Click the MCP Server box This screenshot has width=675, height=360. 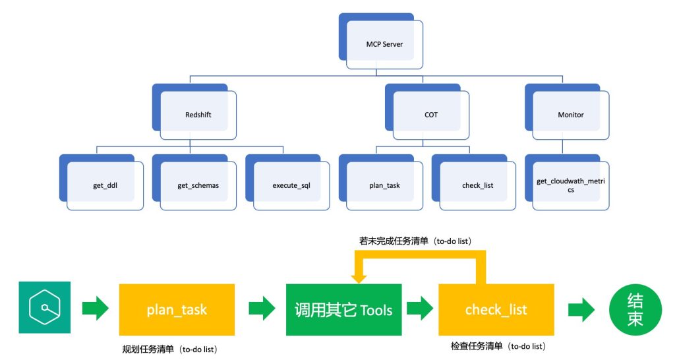click(x=381, y=42)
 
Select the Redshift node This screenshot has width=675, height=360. click(x=194, y=112)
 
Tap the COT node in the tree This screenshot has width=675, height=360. click(x=427, y=112)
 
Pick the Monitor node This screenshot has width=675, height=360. click(x=567, y=112)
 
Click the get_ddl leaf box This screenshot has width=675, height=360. click(x=101, y=183)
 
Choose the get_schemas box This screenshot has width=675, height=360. click(x=194, y=183)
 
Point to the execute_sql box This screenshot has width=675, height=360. click(x=287, y=183)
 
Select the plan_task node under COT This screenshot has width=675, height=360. click(x=381, y=183)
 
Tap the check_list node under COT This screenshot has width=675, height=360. click(x=474, y=183)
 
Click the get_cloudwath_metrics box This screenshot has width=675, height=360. click(x=567, y=183)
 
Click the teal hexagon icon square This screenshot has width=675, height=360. click(x=45, y=307)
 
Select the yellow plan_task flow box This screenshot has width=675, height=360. click(x=177, y=310)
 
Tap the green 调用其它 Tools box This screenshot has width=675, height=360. click(x=344, y=310)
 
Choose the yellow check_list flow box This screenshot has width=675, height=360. click(x=496, y=310)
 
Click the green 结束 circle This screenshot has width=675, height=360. click(x=635, y=310)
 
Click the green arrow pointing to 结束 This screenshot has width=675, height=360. click(x=581, y=309)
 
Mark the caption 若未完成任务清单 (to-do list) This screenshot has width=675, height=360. click(x=415, y=241)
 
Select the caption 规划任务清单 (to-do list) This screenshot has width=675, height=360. click(x=169, y=349)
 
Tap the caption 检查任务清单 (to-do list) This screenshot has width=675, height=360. click(x=498, y=346)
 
